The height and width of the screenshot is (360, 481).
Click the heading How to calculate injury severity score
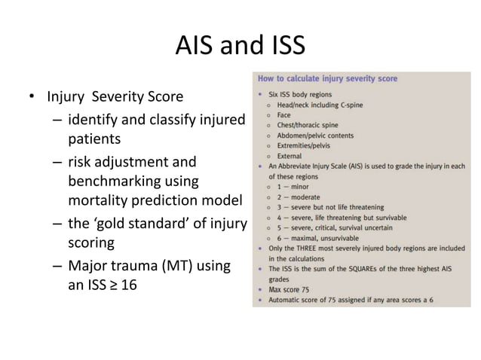pos(328,78)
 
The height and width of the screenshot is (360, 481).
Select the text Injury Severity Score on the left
pos(115,97)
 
